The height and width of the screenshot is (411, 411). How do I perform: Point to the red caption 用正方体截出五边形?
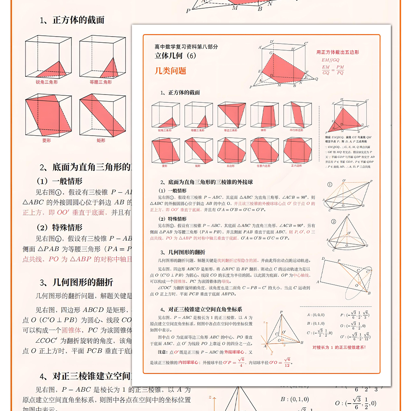point(337,52)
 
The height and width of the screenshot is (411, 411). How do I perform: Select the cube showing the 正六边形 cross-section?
point(297,151)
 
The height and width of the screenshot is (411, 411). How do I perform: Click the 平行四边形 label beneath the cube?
point(297,130)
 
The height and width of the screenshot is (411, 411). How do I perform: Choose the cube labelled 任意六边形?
point(264,151)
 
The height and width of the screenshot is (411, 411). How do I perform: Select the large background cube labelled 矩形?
point(102,115)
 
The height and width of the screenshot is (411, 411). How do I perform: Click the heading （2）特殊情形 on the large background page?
point(60,227)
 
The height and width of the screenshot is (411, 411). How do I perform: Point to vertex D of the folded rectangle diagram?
point(323,259)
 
